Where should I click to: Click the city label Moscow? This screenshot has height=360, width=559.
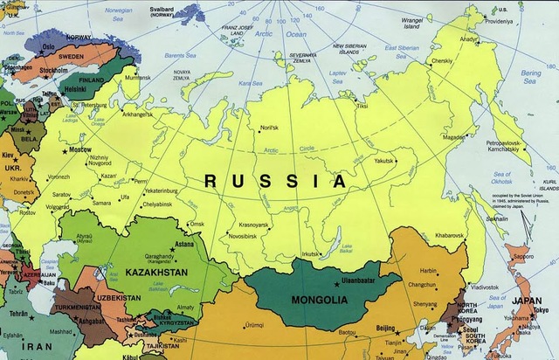point(80,150)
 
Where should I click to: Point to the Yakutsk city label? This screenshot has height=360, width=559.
point(384,161)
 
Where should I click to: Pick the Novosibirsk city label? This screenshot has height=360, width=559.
point(247,236)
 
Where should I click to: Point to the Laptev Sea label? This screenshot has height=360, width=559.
point(337,64)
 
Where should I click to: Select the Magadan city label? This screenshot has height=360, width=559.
point(454,137)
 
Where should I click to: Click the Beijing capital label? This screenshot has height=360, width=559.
point(386,327)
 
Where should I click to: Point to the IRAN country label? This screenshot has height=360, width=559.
point(24,346)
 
